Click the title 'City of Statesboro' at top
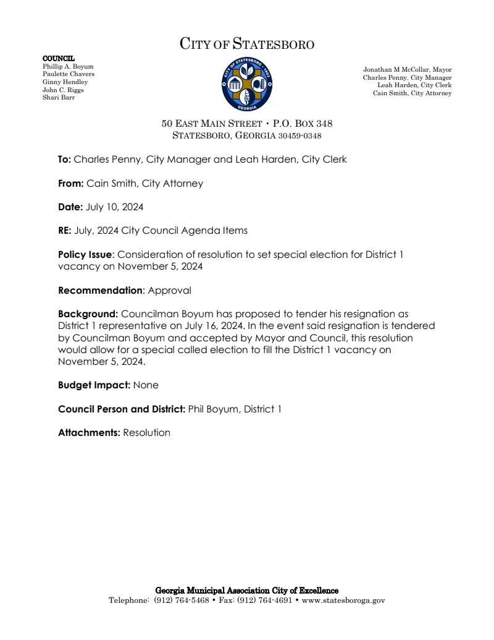coord(247,45)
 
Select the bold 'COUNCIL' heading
coord(58,58)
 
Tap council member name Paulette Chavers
coord(69,74)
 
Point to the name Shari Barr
coord(59,98)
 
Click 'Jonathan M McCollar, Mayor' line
coord(407,70)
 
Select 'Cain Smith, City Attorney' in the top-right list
coord(412,93)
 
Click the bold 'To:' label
coord(64,160)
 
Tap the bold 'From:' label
coord(70,184)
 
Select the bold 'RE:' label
coord(65,231)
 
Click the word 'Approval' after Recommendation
coord(169,291)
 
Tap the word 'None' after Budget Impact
coord(146,385)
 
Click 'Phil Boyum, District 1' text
coord(234,409)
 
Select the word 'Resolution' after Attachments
coord(146,433)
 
